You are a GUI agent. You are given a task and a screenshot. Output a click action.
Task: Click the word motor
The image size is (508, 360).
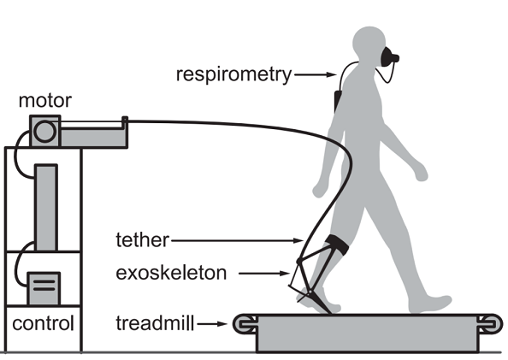point(45,101)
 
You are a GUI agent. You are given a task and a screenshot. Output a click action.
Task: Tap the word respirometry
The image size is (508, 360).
point(234,75)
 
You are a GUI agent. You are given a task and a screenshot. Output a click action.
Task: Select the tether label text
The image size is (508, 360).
point(142,240)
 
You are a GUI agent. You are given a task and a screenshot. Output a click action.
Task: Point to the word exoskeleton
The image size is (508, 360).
point(171,273)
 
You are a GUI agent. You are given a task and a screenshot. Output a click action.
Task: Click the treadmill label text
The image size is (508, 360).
point(155,323)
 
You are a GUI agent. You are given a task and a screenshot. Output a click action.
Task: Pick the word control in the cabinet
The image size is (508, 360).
point(43,323)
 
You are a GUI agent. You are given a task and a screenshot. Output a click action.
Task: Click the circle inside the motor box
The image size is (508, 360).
point(44,132)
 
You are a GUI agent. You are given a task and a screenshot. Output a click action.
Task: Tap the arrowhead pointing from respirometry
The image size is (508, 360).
point(332,75)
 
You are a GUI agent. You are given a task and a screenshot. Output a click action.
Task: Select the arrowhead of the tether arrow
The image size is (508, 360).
point(298,240)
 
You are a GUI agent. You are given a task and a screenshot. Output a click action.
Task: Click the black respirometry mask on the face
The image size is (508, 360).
point(389,57)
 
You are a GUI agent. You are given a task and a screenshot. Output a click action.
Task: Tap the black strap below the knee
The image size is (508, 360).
point(337,245)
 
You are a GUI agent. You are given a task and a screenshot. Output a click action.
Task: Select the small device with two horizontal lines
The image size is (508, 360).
point(44,288)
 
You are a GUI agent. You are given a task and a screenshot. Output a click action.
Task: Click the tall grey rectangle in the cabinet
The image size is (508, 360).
point(46,208)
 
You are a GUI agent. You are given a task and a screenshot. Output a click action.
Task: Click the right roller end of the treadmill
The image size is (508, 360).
point(490,323)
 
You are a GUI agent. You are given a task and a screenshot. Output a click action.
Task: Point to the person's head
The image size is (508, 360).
point(369,44)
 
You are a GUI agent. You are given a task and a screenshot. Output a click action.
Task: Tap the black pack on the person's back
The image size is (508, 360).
point(338,101)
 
